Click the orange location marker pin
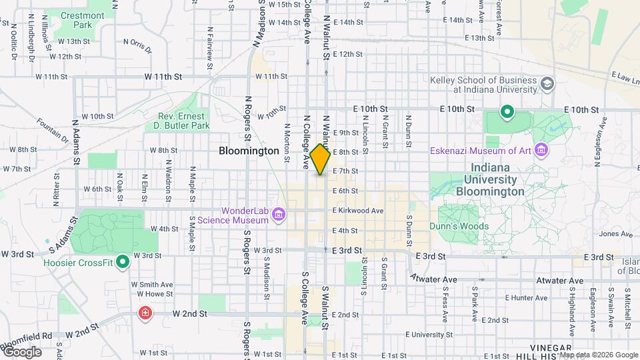pyautogui.click(x=321, y=159)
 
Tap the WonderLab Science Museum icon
pyautogui.click(x=279, y=215)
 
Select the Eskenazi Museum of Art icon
pyautogui.click(x=540, y=150)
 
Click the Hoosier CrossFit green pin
pyautogui.click(x=123, y=262)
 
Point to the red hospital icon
pyautogui.click(x=144, y=313)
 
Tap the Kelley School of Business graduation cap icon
pyautogui.click(x=547, y=84)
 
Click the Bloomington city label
pyautogui.click(x=249, y=151)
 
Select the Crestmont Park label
pyautogui.click(x=82, y=20)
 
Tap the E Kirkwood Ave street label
pyautogui.click(x=358, y=211)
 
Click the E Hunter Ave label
pyautogui.click(x=526, y=298)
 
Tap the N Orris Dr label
pyautogui.click(x=137, y=45)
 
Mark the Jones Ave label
pyautogui.click(x=611, y=234)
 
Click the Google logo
pyautogui.click(x=23, y=352)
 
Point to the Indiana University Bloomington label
pyautogui.click(x=490, y=179)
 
